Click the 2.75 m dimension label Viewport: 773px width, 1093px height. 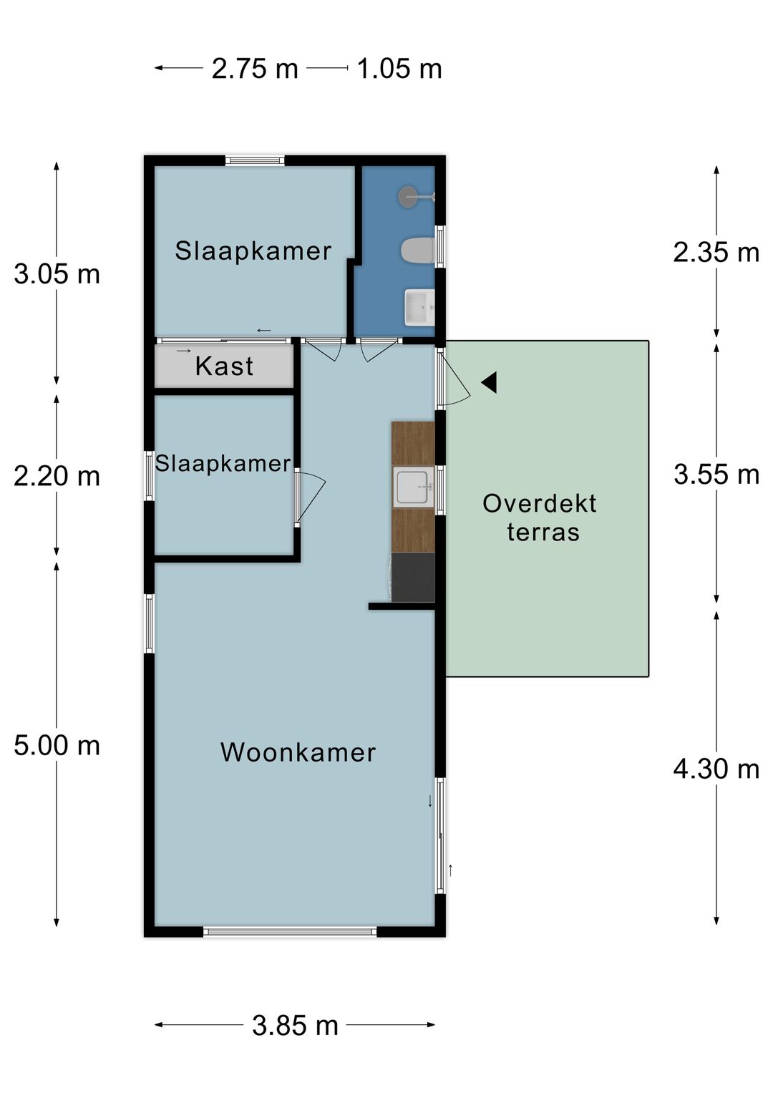coord(255,69)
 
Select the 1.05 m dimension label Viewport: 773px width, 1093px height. coord(399,69)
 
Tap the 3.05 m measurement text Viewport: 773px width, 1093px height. coord(57,274)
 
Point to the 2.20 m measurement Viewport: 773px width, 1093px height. coord(57,476)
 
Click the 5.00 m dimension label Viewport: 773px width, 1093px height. coord(57,746)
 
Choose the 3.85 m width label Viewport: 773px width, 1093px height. coord(295,1026)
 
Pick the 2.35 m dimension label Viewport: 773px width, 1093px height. coord(716,253)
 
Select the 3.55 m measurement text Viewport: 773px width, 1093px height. coord(716,475)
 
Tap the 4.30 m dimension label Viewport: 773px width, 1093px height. coord(716,769)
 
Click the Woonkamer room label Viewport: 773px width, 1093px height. coord(298,752)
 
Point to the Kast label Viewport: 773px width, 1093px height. coord(224,366)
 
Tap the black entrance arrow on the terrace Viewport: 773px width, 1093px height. coord(489,383)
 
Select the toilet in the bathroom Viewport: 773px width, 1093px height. coord(417,251)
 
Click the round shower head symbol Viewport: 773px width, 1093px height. coord(409,196)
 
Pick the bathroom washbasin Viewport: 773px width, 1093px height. coord(419,308)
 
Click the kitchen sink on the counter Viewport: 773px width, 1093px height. coord(414,487)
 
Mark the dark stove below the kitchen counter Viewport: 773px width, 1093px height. coord(413,577)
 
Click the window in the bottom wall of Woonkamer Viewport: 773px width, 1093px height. coord(290,931)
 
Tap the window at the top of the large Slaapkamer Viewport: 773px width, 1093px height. coord(255,161)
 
